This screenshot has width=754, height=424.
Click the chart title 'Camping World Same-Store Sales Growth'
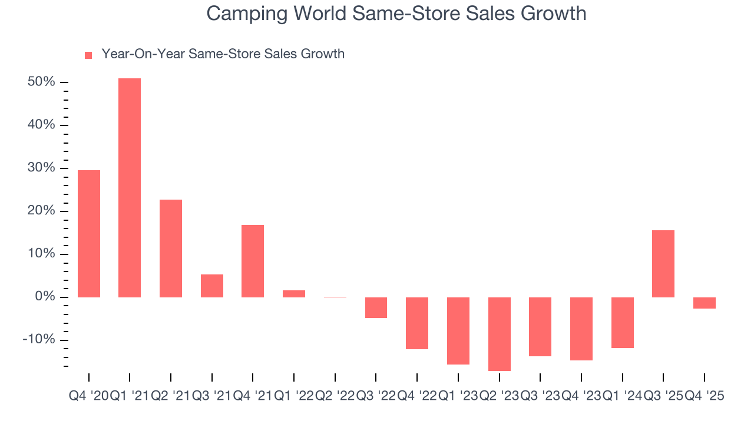click(396, 14)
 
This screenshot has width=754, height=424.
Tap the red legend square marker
click(88, 55)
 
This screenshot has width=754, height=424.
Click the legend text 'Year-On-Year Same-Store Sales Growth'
click(223, 54)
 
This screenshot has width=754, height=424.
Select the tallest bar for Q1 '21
click(130, 187)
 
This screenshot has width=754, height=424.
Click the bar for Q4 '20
click(89, 233)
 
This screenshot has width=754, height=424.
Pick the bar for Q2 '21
click(171, 248)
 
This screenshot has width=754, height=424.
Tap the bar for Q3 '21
click(212, 286)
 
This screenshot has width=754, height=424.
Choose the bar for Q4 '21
click(253, 261)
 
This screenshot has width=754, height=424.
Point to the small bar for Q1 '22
click(294, 293)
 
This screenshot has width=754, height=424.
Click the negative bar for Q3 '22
click(376, 307)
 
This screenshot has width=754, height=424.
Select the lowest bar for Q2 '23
click(499, 334)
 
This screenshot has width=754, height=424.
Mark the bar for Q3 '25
click(663, 263)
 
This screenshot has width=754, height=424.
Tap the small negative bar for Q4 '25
click(705, 303)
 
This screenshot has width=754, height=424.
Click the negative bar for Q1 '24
click(623, 322)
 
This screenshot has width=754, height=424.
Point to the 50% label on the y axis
click(41, 82)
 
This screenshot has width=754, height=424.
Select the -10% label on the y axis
click(39, 340)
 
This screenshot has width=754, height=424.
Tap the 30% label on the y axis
click(41, 168)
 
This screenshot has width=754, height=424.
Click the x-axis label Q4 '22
click(416, 396)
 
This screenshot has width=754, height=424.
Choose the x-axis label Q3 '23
click(540, 396)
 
